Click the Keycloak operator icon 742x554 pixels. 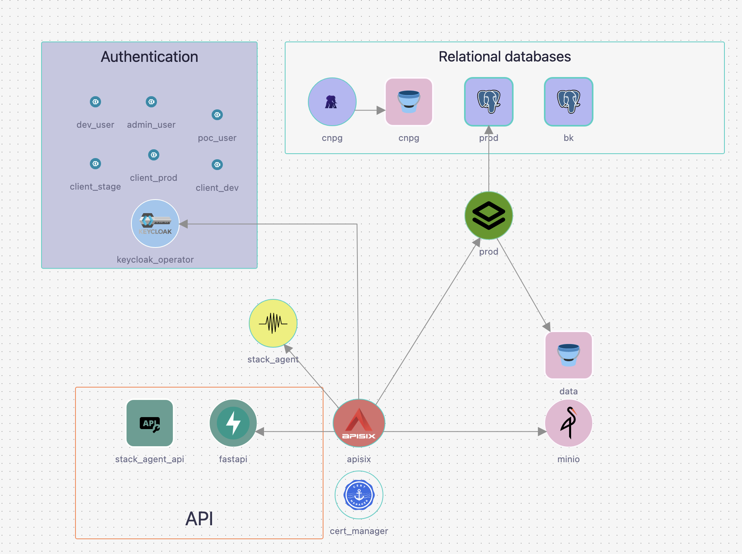tap(155, 224)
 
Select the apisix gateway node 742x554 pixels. tap(359, 423)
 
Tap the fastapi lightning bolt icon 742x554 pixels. tap(233, 423)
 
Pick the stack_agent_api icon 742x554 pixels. tap(150, 423)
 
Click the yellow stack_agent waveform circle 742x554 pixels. tap(273, 323)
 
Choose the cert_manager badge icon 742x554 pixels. tap(359, 495)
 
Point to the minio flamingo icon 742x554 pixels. tap(569, 423)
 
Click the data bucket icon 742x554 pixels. tap(569, 355)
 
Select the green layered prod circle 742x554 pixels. tap(489, 216)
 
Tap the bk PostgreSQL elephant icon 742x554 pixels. tap(569, 102)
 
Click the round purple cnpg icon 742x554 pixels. tap(332, 102)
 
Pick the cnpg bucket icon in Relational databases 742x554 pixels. tap(409, 102)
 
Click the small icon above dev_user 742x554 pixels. tap(95, 102)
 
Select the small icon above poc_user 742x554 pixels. tap(217, 115)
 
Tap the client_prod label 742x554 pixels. tap(154, 178)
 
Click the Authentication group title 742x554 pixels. tap(149, 57)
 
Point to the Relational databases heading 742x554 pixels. tap(505, 57)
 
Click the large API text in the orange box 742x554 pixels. tap(199, 519)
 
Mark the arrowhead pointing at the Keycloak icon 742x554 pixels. tap(184, 224)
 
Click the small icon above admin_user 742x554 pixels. tap(151, 102)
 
